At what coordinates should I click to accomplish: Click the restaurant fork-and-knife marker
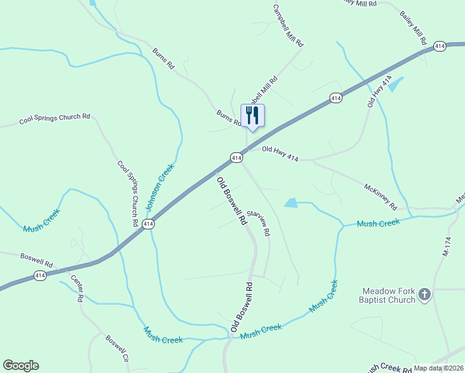[x=252, y=115]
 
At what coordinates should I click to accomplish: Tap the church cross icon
[x=424, y=294]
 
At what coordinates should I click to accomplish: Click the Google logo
[x=21, y=366]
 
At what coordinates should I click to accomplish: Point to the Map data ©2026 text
[x=438, y=368]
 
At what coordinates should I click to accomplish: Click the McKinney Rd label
[x=380, y=196]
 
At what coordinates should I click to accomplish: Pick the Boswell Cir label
[x=117, y=349]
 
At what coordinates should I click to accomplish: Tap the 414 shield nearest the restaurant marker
[x=236, y=158]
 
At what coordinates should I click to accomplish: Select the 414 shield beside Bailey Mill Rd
[x=440, y=47]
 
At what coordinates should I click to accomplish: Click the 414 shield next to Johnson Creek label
[x=148, y=224]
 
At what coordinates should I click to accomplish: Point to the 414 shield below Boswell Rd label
[x=40, y=275]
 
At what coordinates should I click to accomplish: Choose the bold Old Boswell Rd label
[x=228, y=200]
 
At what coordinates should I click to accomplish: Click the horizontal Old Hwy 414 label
[x=280, y=154]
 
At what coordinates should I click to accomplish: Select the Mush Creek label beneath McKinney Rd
[x=378, y=223]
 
